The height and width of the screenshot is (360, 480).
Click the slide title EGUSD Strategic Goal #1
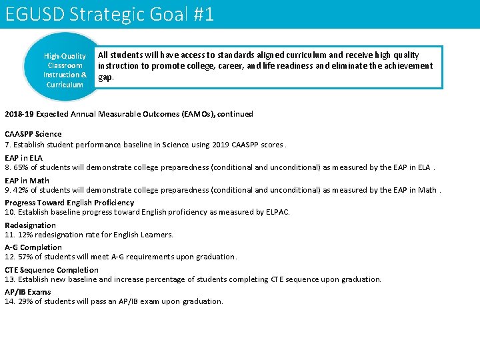(x=109, y=14)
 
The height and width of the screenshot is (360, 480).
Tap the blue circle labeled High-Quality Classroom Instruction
(x=65, y=70)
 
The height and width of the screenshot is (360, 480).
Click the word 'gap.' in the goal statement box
(x=106, y=77)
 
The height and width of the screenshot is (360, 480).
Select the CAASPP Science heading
(x=33, y=134)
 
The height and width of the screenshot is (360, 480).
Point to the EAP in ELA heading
(x=23, y=158)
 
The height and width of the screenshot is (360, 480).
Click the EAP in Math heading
(x=27, y=181)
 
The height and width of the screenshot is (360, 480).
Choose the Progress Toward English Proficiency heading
(x=69, y=203)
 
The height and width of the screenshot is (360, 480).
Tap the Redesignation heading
(x=30, y=225)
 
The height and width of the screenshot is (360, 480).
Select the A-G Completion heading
(x=33, y=247)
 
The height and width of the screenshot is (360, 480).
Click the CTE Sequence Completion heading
(x=51, y=270)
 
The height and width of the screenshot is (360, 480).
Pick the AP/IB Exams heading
(x=28, y=292)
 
